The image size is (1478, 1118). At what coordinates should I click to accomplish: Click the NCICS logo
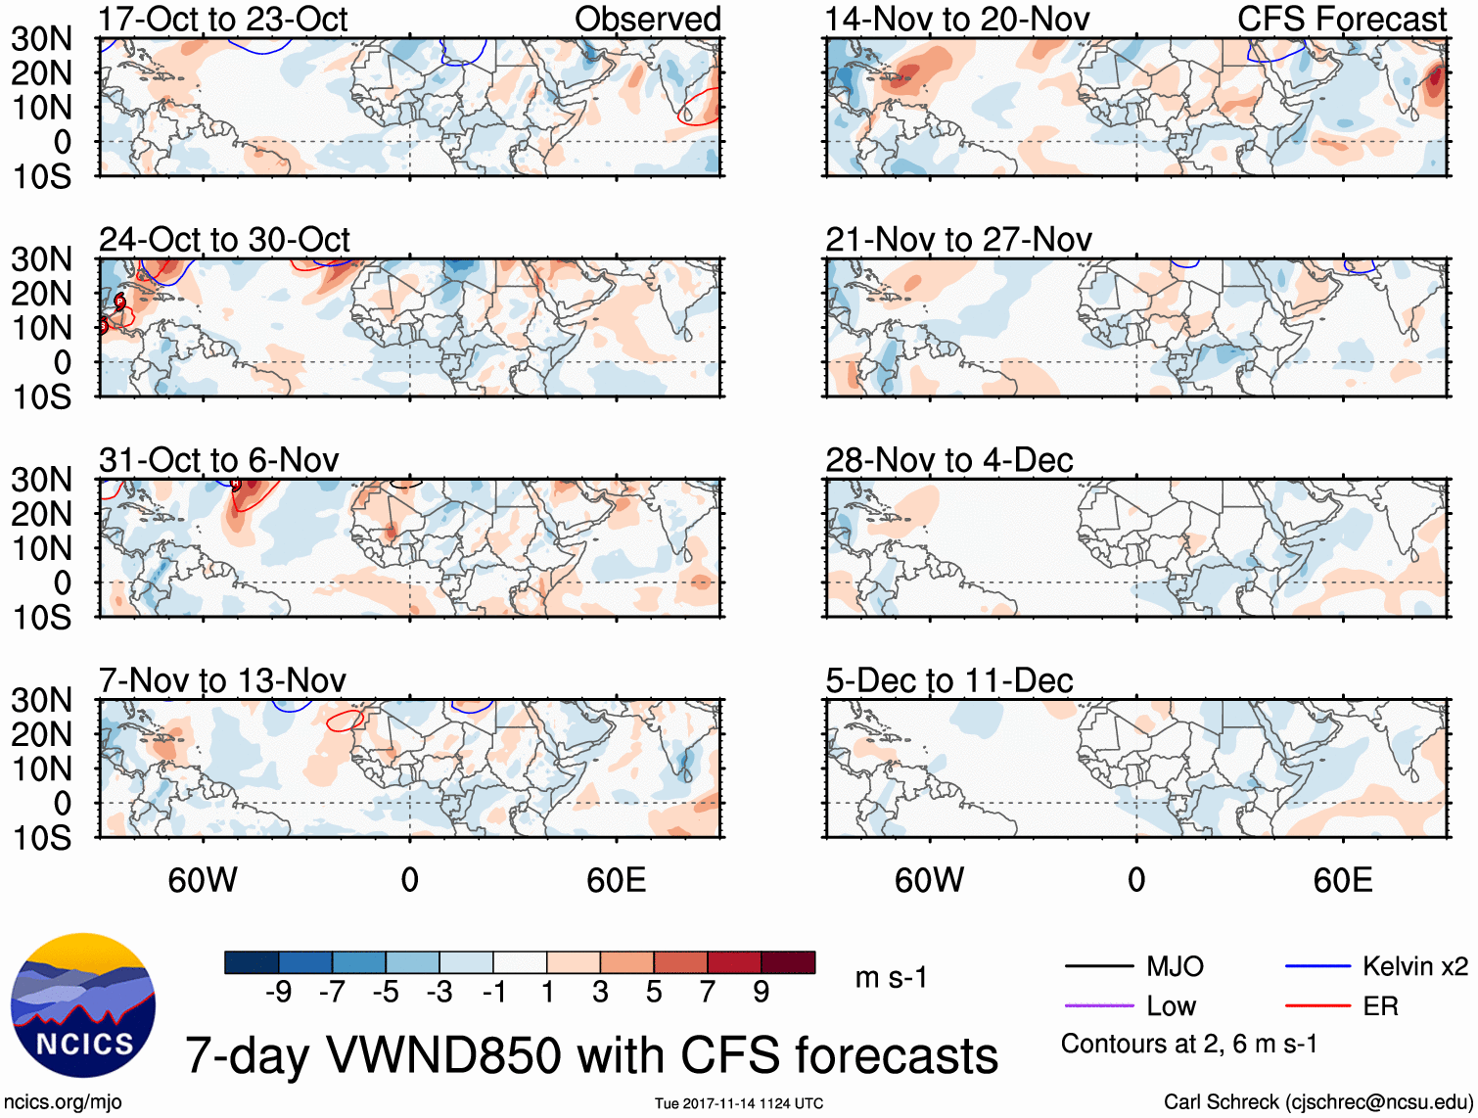83,1005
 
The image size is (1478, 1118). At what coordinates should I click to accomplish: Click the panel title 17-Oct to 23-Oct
223,20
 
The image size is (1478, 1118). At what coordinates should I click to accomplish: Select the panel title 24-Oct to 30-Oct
224,240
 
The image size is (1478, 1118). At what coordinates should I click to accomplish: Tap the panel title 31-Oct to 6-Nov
218,460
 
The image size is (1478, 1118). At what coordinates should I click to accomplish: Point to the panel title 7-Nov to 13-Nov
222,680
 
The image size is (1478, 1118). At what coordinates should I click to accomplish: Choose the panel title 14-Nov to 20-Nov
956,20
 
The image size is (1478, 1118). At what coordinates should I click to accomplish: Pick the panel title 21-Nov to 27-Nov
958,240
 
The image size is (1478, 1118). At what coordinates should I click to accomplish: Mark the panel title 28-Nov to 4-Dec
948,460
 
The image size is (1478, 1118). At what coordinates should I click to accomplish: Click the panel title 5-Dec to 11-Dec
948,680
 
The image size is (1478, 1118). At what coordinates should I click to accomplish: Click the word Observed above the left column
647,20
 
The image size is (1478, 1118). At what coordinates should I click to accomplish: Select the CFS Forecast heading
1341,20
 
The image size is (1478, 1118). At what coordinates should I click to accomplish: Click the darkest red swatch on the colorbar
788,962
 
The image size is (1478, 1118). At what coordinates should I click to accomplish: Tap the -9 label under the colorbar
279,993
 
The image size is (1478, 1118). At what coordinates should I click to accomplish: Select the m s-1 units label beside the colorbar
891,978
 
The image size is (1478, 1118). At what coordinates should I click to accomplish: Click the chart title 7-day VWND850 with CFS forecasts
591,1055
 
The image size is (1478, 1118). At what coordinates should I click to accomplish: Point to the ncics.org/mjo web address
63,1102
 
